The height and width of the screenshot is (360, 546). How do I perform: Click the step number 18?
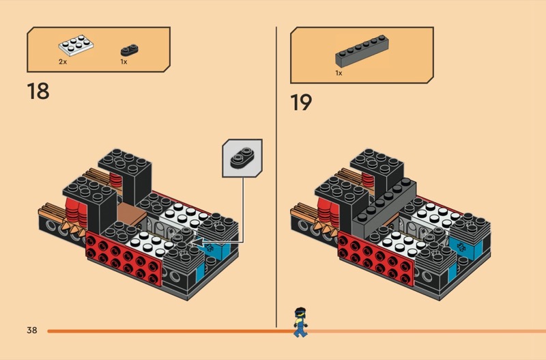click(x=38, y=92)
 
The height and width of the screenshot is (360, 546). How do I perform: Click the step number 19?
click(x=301, y=102)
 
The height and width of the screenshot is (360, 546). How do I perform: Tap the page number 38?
click(x=31, y=330)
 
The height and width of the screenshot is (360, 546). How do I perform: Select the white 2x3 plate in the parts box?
click(x=76, y=45)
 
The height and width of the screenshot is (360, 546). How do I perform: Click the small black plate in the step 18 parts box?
click(x=130, y=50)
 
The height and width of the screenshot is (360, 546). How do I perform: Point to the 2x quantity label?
click(x=63, y=61)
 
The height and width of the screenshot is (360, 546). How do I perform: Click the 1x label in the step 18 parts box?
click(x=124, y=61)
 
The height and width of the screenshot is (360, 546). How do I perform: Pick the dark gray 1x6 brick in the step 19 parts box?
click(x=362, y=51)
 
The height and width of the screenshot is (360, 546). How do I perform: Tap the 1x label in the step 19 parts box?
click(x=339, y=73)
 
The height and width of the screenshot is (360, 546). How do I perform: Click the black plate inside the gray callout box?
click(x=242, y=158)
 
